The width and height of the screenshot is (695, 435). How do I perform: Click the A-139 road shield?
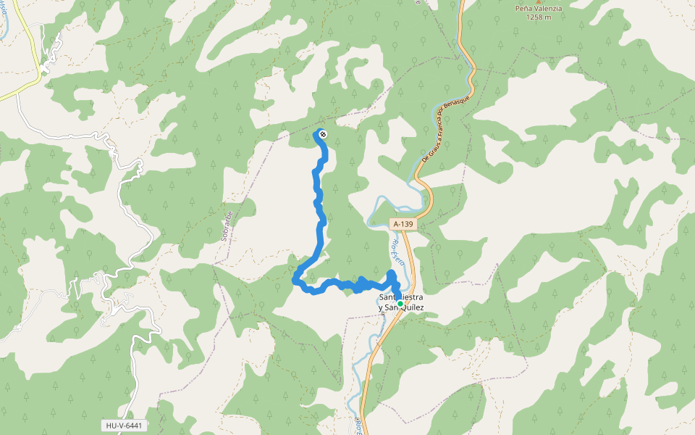pyautogui.click(x=404, y=225)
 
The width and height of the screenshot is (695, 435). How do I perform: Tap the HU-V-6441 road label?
pyautogui.click(x=123, y=426)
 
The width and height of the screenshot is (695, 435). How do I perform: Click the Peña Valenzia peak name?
pyautogui.click(x=538, y=7)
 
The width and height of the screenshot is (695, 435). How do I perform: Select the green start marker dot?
pyautogui.click(x=400, y=304)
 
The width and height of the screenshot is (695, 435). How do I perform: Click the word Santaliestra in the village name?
pyautogui.click(x=400, y=297)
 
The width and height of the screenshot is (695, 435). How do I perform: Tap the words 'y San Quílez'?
pyautogui.click(x=400, y=308)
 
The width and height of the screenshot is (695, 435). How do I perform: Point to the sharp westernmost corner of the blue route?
pyautogui.click(x=294, y=279)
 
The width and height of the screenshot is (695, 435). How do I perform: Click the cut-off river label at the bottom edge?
pyautogui.click(x=358, y=426)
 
